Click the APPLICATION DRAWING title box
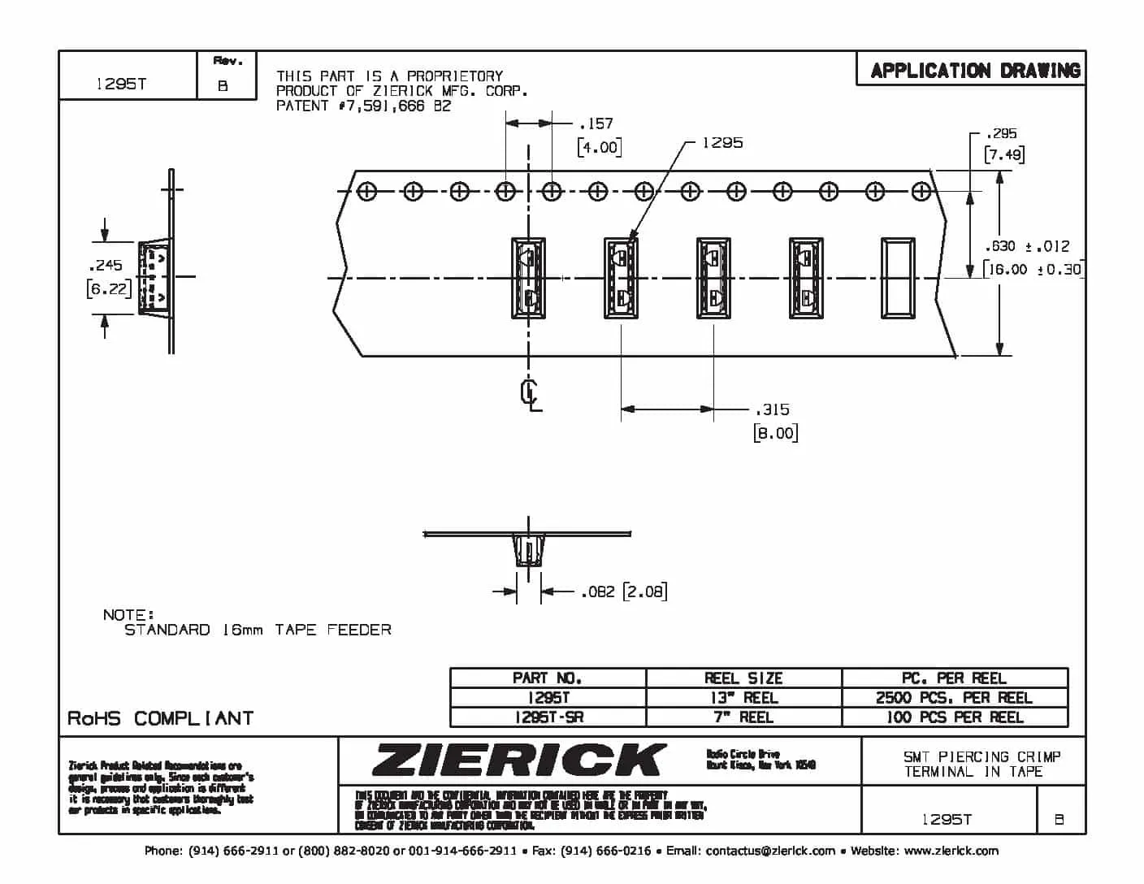pos(974,71)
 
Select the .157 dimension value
pos(596,123)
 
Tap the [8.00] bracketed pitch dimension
pos(775,432)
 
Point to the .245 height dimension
pos(106,265)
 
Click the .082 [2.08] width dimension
pos(623,591)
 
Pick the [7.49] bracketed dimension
pos(1003,154)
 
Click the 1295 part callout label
pos(721,143)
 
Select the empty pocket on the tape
pos(898,278)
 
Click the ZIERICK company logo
pos(518,760)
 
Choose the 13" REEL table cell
pos(743,698)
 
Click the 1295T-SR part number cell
pos(548,717)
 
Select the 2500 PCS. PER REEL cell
pos(954,698)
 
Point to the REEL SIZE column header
pos(743,678)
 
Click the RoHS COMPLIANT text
pos(160,718)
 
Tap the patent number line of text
pos(363,106)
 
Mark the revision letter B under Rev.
pos(223,85)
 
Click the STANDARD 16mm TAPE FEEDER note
pos(257,630)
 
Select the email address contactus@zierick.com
pos(769,851)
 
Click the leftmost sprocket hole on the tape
pos(367,192)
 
